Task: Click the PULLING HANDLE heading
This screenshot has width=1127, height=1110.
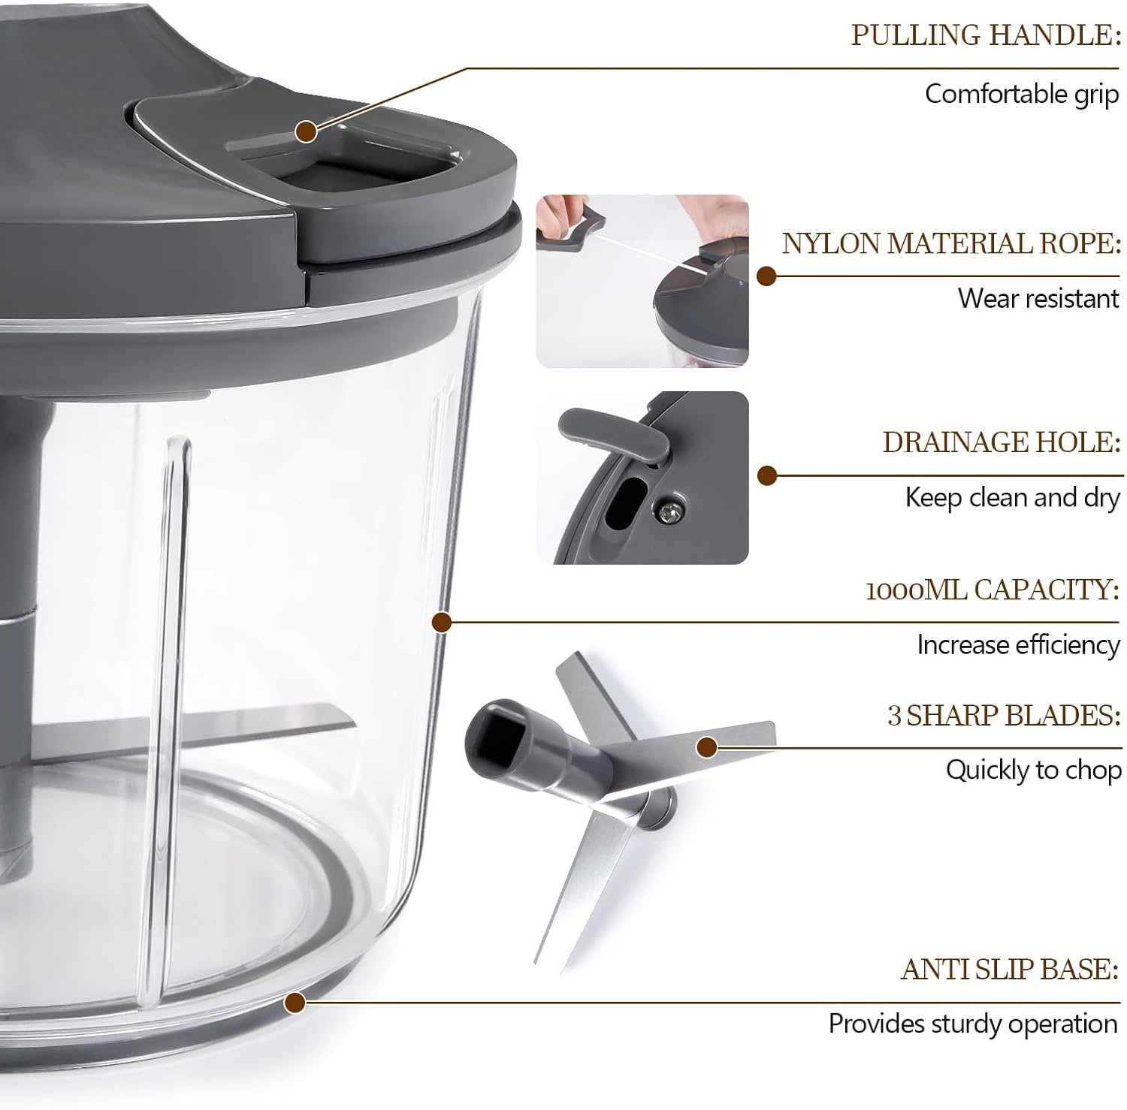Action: pos(985,35)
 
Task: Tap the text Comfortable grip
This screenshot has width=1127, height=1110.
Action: pos(1022,94)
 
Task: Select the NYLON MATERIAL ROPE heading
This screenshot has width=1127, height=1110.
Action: pos(951,244)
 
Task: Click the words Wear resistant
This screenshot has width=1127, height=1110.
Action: pos(1038,298)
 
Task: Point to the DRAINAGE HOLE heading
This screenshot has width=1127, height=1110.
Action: pos(1002,442)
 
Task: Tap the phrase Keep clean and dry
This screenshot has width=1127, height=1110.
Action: pos(1012,497)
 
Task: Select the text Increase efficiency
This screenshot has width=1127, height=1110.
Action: pos(1018,645)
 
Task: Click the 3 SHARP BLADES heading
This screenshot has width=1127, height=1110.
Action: pos(1004,715)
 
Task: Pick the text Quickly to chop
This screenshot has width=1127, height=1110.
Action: pos(1033,771)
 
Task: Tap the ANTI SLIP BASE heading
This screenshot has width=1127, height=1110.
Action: pos(1010,970)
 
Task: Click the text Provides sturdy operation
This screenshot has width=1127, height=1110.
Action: pos(974,1024)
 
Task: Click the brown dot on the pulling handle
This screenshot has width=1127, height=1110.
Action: pos(306,131)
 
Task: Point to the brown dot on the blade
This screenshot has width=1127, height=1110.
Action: pos(707,747)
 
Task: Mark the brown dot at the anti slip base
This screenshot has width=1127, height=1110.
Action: pos(295,1003)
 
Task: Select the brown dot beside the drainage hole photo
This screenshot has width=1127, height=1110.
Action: pos(766,475)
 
